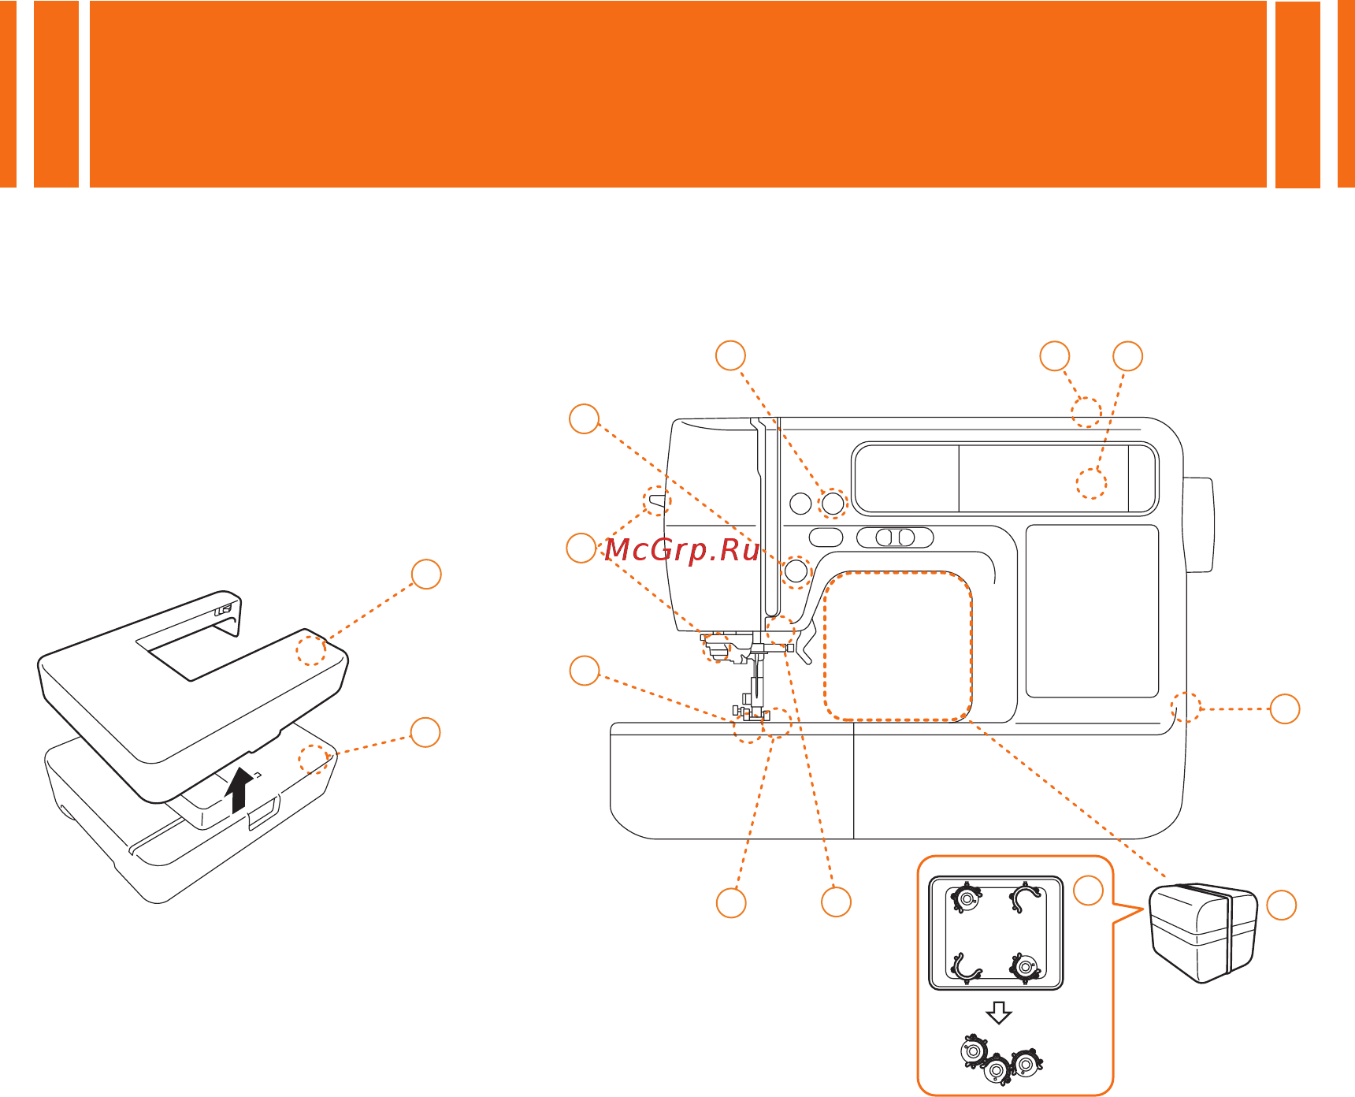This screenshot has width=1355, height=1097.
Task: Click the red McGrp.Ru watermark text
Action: click(x=682, y=549)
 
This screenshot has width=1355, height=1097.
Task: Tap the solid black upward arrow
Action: click(x=239, y=789)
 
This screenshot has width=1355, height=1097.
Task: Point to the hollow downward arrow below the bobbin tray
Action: click(x=999, y=1013)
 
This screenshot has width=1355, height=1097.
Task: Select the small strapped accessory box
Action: click(x=1204, y=933)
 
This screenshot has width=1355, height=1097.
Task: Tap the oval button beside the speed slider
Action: click(x=826, y=537)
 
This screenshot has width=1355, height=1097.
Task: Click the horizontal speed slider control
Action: click(x=895, y=537)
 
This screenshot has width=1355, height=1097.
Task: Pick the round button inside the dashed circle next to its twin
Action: click(x=833, y=502)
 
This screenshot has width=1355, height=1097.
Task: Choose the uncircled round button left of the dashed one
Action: click(x=800, y=503)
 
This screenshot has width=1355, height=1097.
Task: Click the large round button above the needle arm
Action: click(x=796, y=570)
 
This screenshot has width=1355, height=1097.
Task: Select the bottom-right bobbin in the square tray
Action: click(x=1024, y=965)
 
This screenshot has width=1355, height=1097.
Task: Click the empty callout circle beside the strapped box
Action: click(x=1281, y=904)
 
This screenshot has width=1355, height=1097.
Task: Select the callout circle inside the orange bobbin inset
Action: click(x=1089, y=890)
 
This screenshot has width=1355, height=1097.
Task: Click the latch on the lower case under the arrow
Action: click(x=263, y=812)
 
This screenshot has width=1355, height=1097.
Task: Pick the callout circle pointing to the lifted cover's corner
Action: click(x=426, y=574)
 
